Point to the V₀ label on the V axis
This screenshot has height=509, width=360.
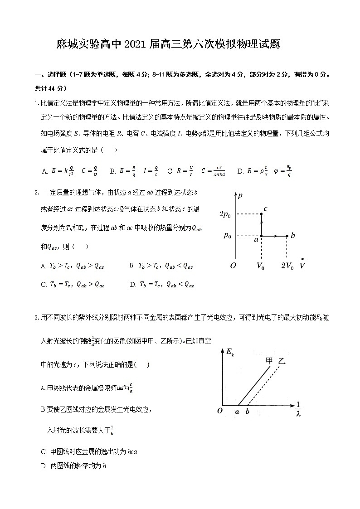(x=261, y=266)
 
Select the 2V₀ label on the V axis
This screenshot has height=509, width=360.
(x=287, y=266)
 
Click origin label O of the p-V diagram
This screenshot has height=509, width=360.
(x=233, y=266)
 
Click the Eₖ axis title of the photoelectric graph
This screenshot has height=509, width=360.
(x=230, y=353)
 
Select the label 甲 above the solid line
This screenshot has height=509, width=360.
(x=269, y=361)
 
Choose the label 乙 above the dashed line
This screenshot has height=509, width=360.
(x=282, y=361)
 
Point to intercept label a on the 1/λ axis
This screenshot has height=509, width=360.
(x=237, y=412)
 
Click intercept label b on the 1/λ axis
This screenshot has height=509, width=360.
(x=248, y=412)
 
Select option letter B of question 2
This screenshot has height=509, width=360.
(x=131, y=266)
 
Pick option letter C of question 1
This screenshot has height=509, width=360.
(x=170, y=171)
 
